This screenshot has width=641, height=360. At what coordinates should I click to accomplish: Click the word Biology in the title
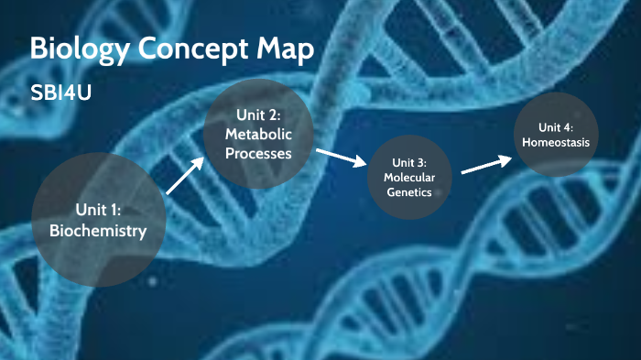click(x=71, y=50)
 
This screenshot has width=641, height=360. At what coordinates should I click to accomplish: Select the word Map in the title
click(x=279, y=50)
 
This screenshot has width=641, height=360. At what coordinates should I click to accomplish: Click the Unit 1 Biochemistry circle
click(x=99, y=220)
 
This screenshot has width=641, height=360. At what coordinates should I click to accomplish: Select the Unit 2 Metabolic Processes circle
click(x=258, y=134)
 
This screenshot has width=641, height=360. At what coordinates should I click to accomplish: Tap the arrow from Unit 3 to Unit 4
click(x=486, y=165)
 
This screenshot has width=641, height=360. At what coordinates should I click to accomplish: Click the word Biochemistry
click(x=99, y=232)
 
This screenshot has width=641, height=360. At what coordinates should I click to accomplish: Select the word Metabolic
click(x=258, y=134)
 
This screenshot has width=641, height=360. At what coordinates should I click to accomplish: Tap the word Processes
click(x=258, y=153)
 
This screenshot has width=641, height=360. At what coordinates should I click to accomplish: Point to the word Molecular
click(x=409, y=177)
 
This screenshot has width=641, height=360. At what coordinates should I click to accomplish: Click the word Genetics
click(x=409, y=192)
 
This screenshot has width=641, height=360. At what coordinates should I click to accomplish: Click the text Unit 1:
click(x=99, y=210)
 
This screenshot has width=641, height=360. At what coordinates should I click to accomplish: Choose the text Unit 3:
click(x=409, y=161)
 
